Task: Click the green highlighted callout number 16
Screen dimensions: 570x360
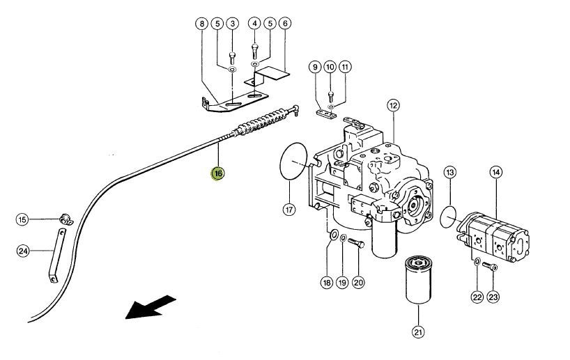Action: click(217, 173)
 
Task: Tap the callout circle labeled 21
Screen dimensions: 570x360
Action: click(418, 331)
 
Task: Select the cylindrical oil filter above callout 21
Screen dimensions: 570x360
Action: click(418, 279)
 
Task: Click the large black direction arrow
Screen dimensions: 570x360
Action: click(150, 307)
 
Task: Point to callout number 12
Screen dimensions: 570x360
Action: click(393, 106)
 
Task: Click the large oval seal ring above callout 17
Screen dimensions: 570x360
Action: click(293, 161)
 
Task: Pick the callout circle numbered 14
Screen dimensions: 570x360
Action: click(496, 172)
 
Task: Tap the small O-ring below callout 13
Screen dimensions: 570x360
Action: click(448, 217)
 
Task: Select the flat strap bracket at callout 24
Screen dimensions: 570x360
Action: click(57, 255)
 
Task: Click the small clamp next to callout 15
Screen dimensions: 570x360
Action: click(66, 219)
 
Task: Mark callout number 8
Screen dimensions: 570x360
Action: click(202, 24)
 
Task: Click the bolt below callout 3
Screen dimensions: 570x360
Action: click(232, 58)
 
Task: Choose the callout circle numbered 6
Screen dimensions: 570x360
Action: click(285, 24)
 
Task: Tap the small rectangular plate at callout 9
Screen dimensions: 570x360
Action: click(325, 114)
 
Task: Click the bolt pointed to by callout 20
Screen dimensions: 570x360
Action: click(356, 243)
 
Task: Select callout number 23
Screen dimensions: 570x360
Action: click(493, 297)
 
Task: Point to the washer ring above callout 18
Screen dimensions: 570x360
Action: click(334, 235)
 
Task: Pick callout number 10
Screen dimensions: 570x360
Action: click(330, 68)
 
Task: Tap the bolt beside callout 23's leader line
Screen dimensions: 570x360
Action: click(490, 267)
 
